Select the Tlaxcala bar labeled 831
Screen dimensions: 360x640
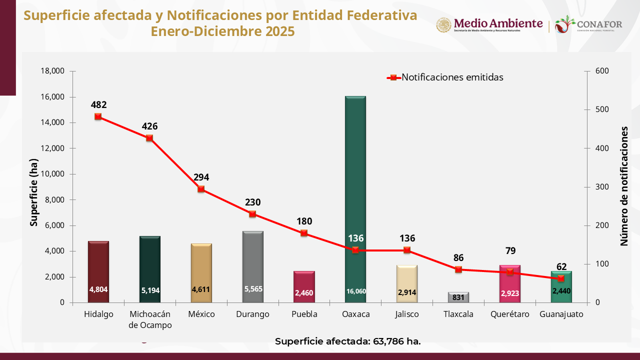[458, 297]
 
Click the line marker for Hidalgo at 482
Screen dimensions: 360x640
[98, 116]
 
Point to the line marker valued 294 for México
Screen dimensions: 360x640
[201, 189]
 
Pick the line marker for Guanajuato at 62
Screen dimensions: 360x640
[561, 278]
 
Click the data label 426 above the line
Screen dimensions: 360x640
[149, 126]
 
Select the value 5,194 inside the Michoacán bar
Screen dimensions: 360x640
[149, 290]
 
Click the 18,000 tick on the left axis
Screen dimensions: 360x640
[52, 71]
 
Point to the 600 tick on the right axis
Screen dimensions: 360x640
[602, 71]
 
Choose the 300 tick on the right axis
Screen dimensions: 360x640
[602, 187]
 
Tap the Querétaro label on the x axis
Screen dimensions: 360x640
[509, 314]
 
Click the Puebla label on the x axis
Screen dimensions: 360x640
[304, 314]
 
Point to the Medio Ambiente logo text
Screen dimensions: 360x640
[497, 23]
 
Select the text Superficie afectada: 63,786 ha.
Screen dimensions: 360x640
[347, 341]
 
